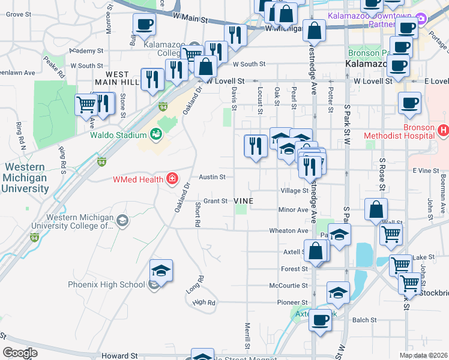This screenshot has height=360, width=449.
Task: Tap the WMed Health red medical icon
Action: point(172,178)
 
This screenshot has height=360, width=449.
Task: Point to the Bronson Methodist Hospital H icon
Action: point(444,130)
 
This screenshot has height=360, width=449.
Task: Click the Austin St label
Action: point(212,177)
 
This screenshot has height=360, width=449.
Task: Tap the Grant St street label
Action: point(215,201)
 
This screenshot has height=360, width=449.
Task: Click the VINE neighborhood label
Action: point(243,201)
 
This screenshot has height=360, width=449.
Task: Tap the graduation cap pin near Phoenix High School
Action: point(161,271)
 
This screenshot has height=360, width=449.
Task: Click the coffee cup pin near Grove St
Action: point(143,26)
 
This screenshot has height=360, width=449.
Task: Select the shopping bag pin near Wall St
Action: point(376,211)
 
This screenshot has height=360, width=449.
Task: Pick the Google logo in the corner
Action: point(20,352)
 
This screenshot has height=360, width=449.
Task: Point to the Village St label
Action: point(294,190)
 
